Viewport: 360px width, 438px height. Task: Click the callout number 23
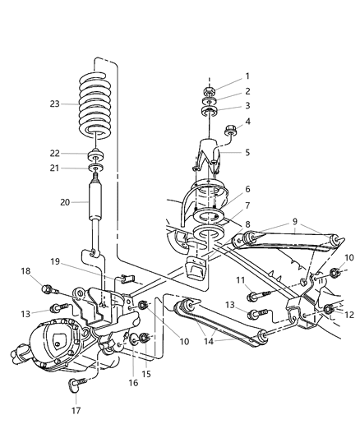click(54, 104)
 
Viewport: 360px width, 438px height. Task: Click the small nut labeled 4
click(233, 128)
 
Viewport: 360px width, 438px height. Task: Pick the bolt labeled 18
click(48, 289)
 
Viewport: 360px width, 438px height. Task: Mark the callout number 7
click(247, 205)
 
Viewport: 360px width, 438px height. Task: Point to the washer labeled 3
click(210, 108)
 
